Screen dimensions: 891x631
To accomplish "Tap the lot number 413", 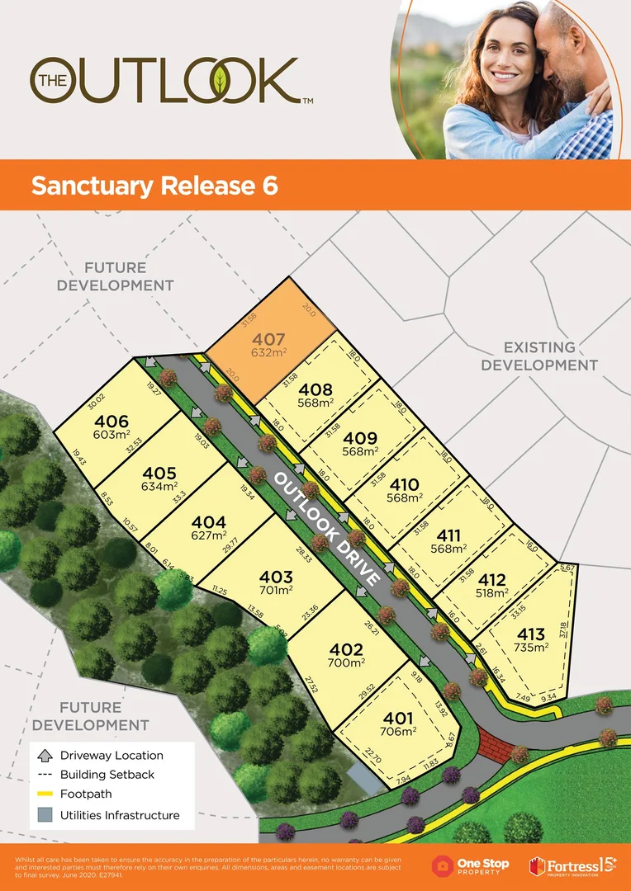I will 531,634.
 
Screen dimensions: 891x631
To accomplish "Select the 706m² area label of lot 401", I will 397,731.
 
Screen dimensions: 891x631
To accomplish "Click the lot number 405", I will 159,474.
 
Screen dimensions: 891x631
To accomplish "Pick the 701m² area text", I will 276,591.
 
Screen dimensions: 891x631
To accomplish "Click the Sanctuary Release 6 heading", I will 154,186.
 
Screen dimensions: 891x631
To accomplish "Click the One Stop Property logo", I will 471,865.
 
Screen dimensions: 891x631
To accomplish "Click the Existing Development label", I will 539,356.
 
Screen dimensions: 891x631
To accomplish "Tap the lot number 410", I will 405,485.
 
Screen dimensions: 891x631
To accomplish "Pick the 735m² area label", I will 532,648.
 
